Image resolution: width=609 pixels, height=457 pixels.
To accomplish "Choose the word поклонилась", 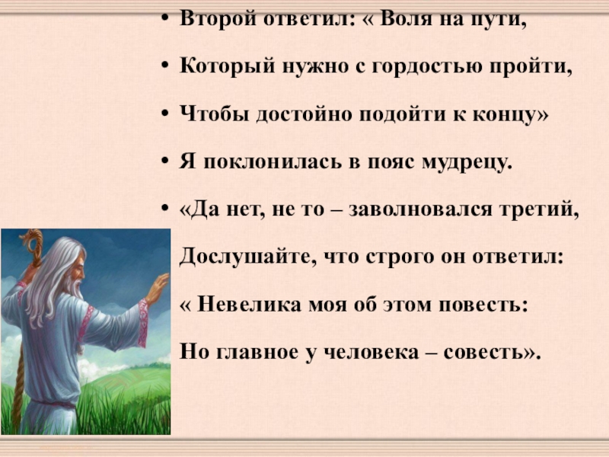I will (259, 162).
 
